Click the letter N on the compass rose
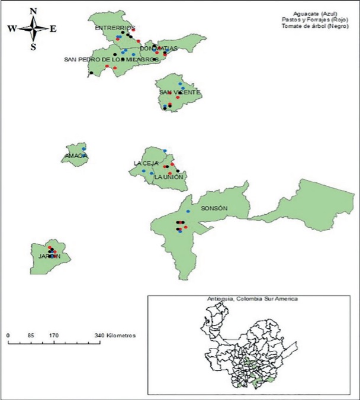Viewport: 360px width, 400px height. (33, 11)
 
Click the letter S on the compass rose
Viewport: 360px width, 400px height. (33, 47)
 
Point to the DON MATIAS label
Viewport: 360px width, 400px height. (156, 49)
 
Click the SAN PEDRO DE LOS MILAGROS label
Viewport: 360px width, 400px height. (111, 59)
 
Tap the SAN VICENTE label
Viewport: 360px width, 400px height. (179, 92)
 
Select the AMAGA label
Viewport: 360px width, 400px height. (75, 156)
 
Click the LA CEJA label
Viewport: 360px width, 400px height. (145, 163)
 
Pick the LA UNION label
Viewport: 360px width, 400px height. (169, 177)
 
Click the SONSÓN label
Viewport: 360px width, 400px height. (214, 208)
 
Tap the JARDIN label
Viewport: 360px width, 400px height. (50, 256)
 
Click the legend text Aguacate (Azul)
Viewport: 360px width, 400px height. (320, 13)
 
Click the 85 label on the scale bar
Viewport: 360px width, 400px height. (31, 336)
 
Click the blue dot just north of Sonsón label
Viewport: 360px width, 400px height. (188, 211)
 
